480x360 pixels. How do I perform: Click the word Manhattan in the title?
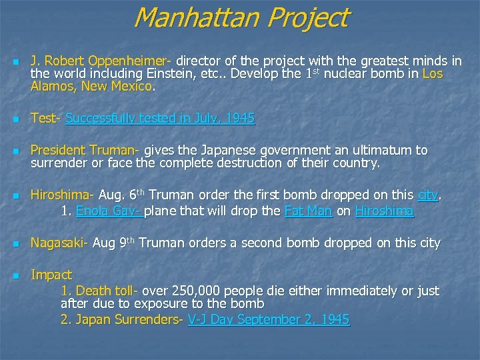(195, 17)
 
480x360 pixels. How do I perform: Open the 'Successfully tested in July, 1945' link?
(160, 119)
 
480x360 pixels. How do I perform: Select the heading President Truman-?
(86, 151)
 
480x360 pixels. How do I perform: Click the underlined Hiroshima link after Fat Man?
(384, 211)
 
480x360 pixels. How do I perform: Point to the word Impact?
(51, 275)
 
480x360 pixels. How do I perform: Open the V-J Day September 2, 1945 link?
(269, 320)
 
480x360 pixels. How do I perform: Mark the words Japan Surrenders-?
(128, 320)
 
